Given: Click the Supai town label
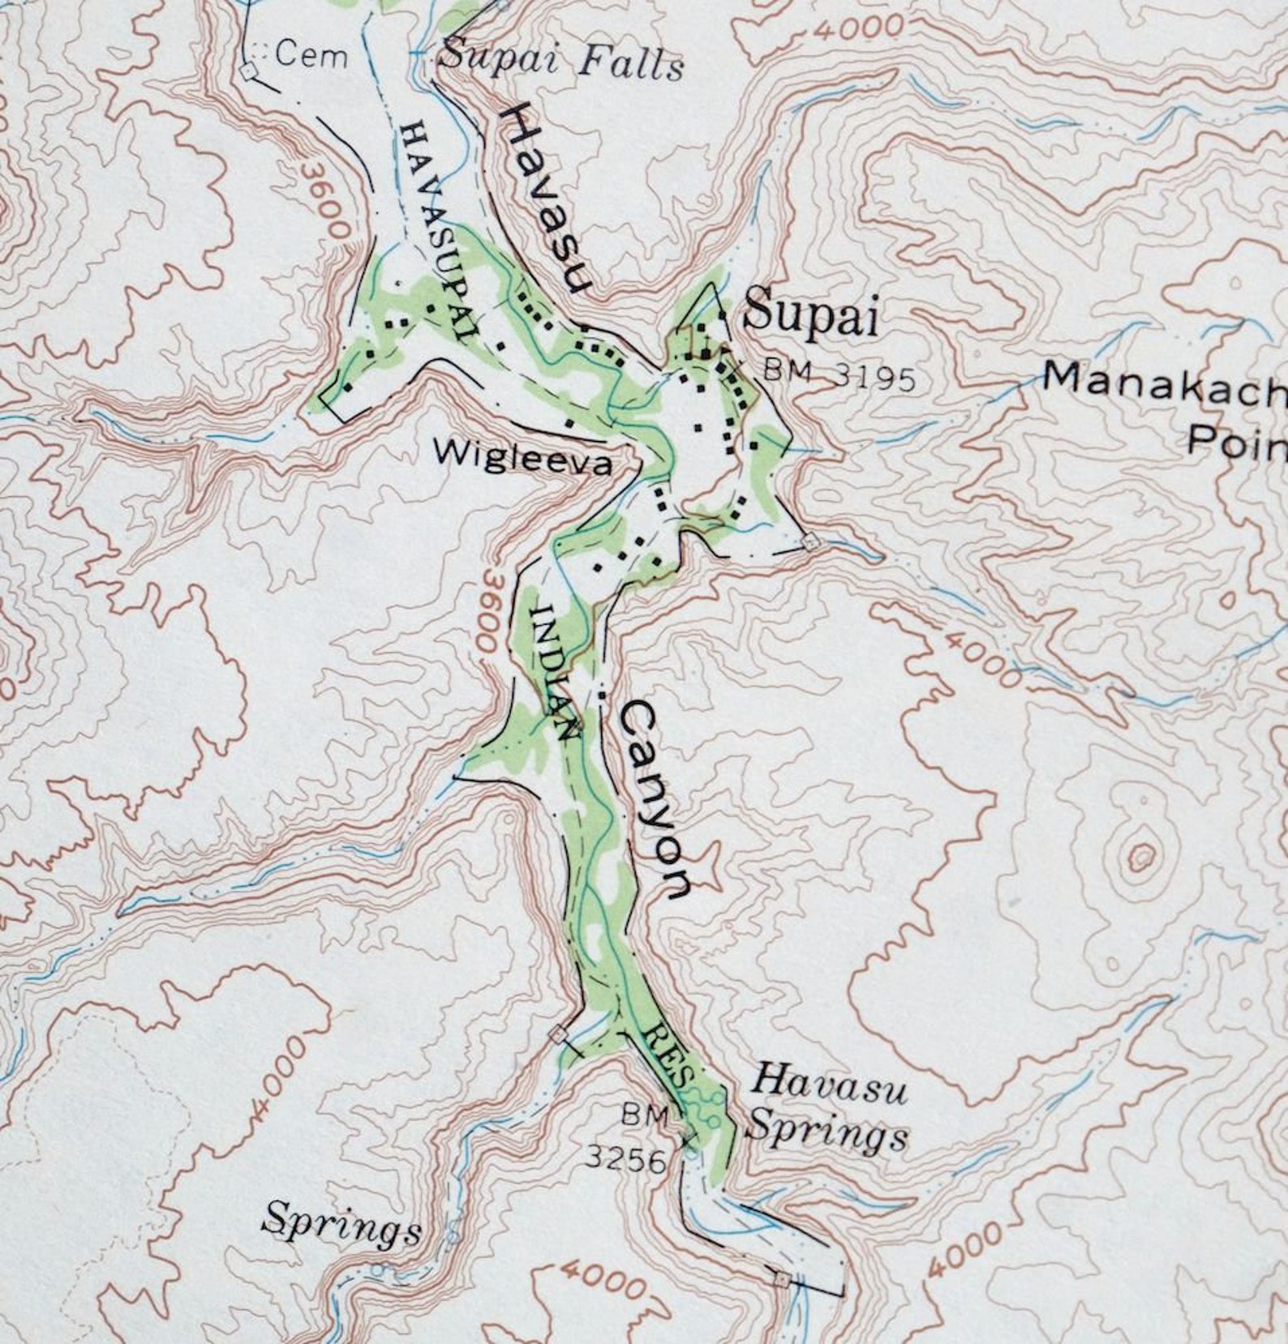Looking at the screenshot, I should (810, 313).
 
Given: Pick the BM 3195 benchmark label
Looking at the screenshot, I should (839, 375).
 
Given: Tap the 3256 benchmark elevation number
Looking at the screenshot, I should (625, 1161).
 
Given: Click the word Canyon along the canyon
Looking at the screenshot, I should (655, 798).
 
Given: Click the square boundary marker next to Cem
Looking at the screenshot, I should (250, 72).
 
